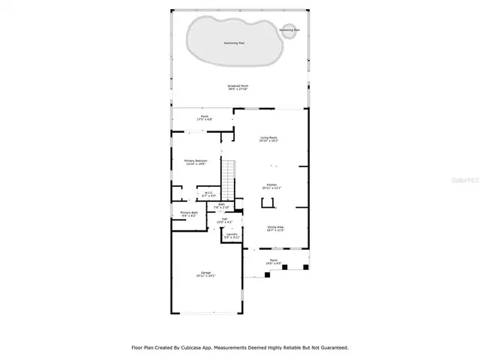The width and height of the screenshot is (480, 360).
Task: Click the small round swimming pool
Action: (289, 31)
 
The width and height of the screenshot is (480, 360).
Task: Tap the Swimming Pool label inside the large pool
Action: (238, 43)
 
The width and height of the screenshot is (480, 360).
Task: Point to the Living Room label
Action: (269, 139)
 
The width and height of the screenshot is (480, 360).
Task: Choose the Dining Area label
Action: (276, 228)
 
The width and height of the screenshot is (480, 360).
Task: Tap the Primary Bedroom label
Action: (196, 161)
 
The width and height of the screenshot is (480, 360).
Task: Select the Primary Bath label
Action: (189, 214)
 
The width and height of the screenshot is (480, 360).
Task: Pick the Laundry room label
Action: (232, 235)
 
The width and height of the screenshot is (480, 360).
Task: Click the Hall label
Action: (224, 220)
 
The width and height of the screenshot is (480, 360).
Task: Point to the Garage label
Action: (205, 273)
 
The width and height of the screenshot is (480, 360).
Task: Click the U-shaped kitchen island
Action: (268, 202)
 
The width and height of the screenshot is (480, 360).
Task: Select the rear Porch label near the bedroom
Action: (204, 118)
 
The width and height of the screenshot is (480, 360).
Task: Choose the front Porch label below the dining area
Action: (274, 262)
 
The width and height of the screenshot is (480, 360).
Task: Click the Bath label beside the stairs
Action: (222, 205)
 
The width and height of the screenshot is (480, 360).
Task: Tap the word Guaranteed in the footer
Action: (331, 347)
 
